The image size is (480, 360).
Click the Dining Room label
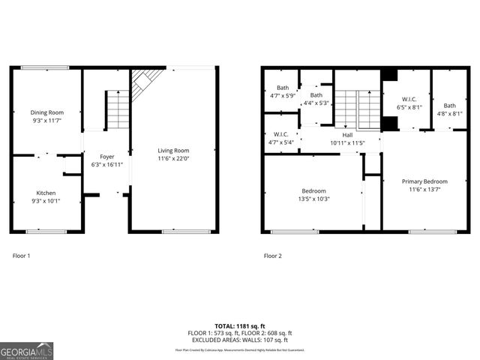click(46, 112)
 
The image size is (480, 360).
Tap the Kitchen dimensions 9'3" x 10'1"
click(46, 200)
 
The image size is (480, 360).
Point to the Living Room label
click(173, 150)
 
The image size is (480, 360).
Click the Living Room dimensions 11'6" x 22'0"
click(173, 158)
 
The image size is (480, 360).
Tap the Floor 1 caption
click(22, 256)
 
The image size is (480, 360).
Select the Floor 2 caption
click(273, 256)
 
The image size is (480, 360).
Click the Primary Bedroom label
click(424, 181)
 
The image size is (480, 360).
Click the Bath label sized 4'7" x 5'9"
click(282, 88)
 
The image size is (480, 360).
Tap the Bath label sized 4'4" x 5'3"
click(316, 95)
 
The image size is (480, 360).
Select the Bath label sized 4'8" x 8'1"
click(449, 106)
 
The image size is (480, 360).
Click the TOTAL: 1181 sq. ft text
click(240, 326)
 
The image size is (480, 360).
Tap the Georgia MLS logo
click(26, 349)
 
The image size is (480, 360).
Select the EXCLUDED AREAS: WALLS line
click(240, 340)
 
